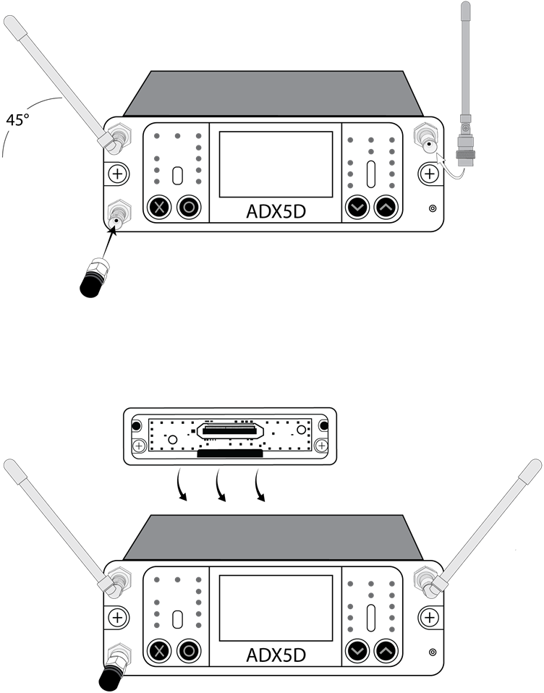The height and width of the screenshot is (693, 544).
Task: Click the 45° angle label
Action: click(18, 120)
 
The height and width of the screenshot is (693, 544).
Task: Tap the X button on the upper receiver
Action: click(160, 207)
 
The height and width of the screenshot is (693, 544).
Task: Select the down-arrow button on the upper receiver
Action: click(357, 208)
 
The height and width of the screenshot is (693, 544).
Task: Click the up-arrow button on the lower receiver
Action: click(387, 652)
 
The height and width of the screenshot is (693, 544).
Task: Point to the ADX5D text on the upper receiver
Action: click(276, 211)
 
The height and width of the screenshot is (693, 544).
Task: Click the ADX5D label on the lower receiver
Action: click(276, 655)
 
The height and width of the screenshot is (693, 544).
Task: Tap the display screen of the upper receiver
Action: click(276, 164)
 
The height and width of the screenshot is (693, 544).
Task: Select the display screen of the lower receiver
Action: click(276, 608)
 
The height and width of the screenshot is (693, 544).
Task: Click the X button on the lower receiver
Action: click(160, 652)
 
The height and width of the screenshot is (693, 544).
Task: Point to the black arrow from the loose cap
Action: click(107, 246)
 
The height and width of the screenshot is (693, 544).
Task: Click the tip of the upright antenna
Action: click(466, 9)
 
